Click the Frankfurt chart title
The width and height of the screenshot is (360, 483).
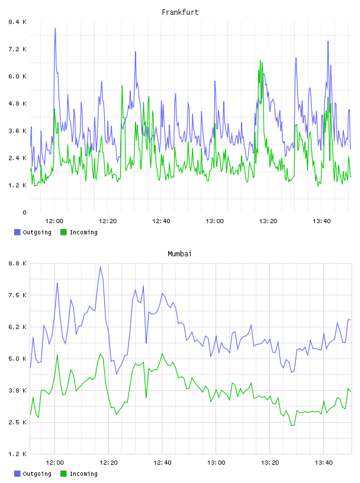[180, 12]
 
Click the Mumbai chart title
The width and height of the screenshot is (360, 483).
[179, 254]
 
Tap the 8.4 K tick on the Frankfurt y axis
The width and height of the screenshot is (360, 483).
[18, 22]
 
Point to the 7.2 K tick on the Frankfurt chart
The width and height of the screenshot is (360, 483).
[18, 49]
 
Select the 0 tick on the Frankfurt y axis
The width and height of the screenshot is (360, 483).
[24, 212]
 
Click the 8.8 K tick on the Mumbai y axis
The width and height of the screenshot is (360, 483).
[18, 263]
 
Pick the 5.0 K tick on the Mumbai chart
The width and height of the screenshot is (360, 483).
[18, 359]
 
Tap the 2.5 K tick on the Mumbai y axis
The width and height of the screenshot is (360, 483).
[18, 422]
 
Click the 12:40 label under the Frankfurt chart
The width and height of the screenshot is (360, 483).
[161, 221]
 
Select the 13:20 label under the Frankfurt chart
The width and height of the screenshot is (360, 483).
[268, 221]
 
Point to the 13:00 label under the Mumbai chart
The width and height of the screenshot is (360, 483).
[216, 462]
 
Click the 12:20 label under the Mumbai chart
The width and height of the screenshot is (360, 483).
[108, 462]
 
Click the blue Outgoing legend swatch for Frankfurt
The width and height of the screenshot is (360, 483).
[17, 232]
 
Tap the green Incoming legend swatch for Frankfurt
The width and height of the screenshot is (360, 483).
[63, 232]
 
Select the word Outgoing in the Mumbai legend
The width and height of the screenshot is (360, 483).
[37, 474]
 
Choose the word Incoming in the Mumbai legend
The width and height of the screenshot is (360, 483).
[83, 474]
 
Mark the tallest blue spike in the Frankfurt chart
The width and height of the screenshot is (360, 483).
[55, 28]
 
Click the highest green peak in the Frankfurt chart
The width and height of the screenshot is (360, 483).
[261, 60]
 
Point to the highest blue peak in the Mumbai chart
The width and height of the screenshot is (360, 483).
[101, 267]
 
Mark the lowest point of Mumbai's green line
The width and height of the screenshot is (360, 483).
[292, 426]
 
